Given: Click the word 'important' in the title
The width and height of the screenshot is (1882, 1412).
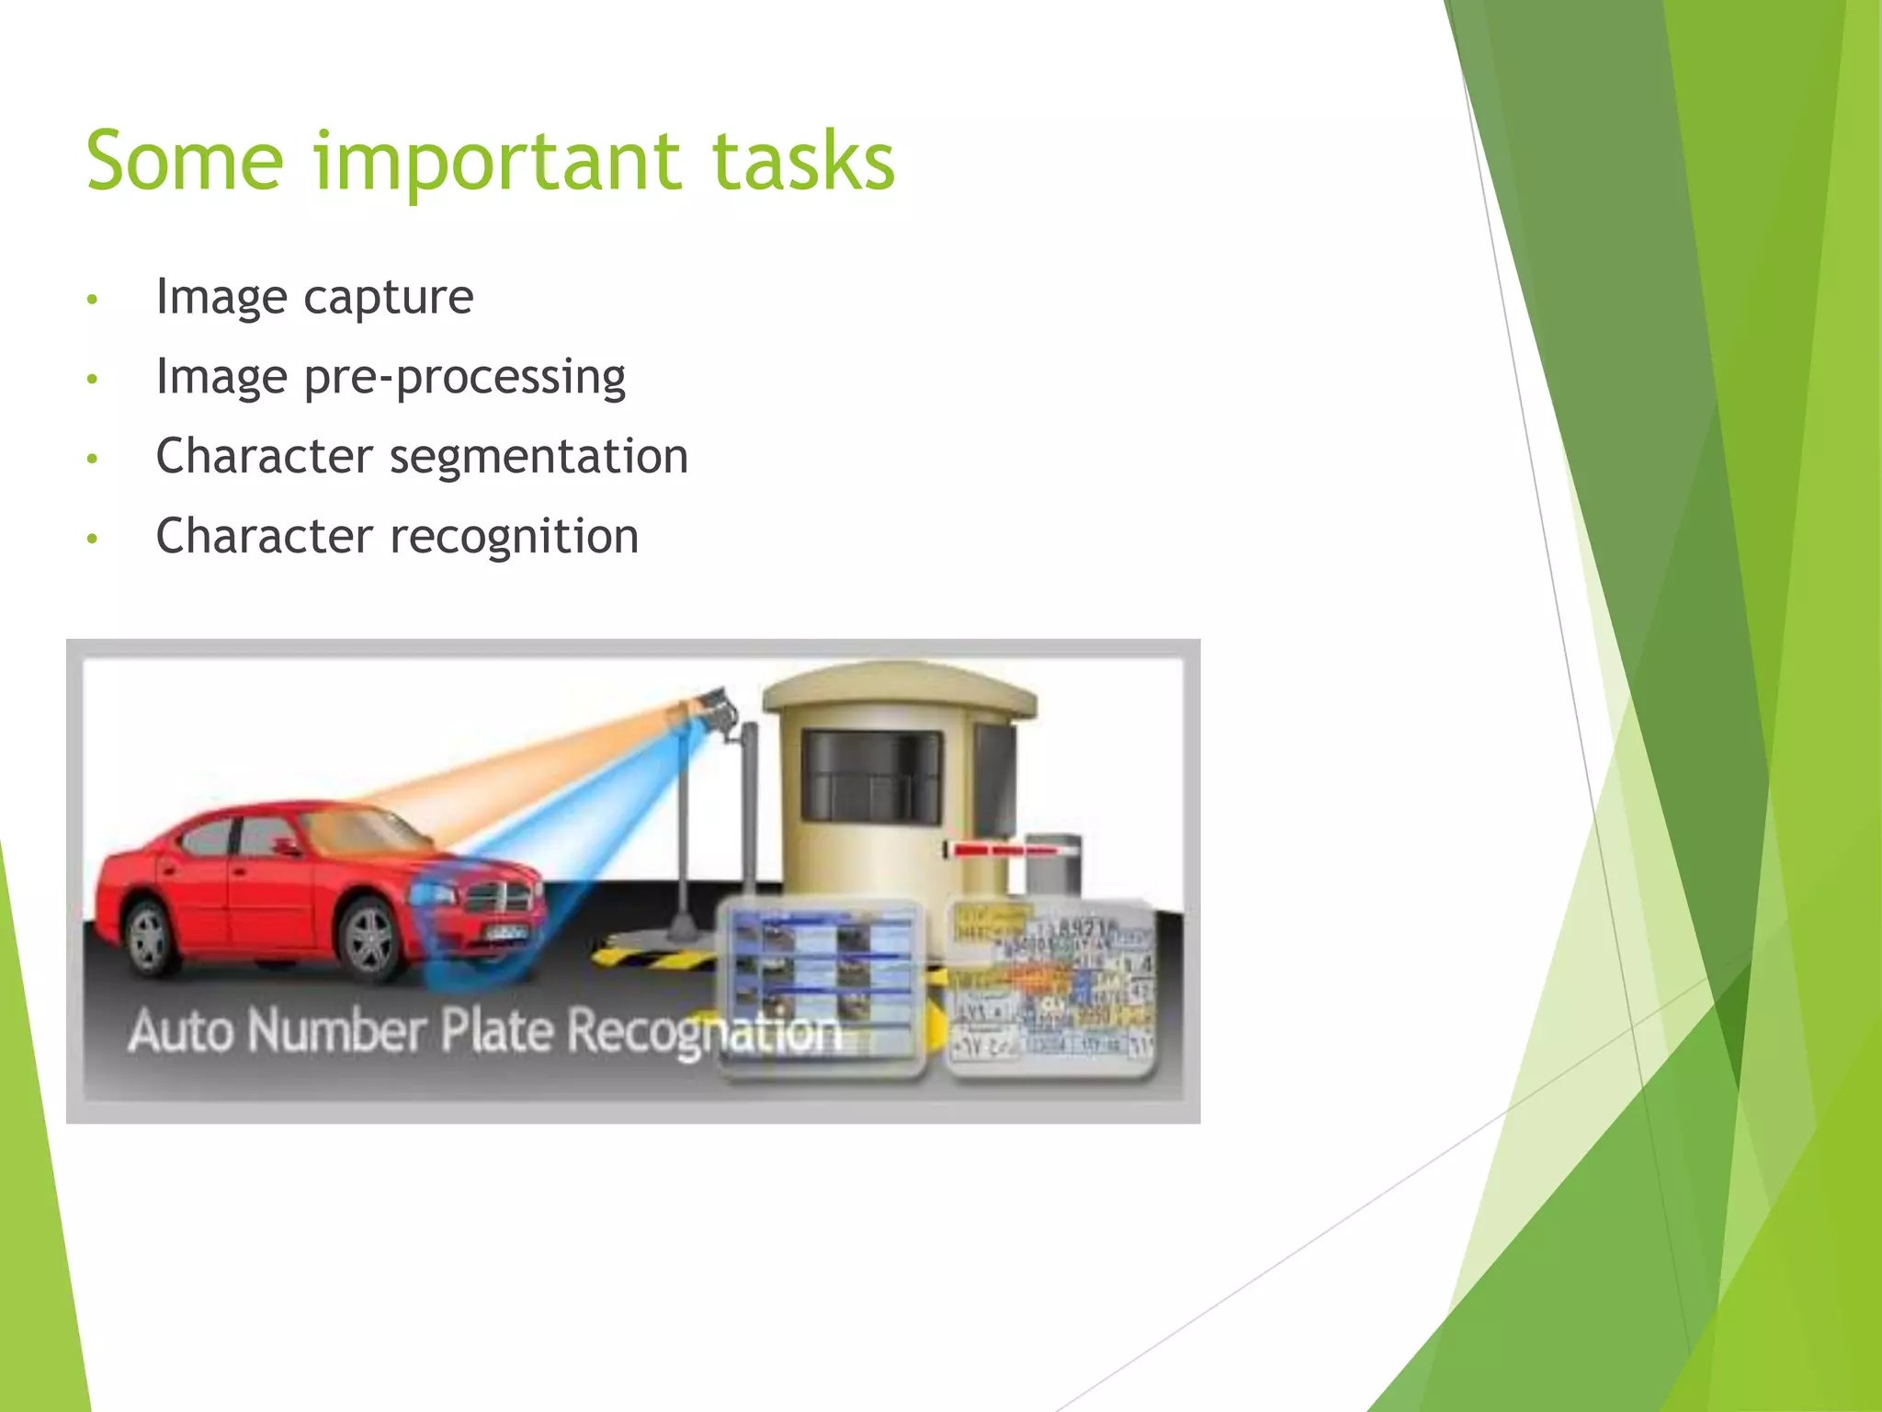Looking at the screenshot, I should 496,164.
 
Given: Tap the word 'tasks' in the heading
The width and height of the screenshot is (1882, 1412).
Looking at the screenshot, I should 802,162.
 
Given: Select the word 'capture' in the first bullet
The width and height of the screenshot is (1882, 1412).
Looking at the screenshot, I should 388,297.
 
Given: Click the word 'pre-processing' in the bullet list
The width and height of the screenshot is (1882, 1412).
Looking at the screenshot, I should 464,378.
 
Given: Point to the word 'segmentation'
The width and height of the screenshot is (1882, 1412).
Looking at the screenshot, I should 539,457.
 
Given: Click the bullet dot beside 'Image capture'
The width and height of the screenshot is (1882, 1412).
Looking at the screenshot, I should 92,300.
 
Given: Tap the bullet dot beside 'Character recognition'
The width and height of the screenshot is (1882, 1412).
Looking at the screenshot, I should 92,540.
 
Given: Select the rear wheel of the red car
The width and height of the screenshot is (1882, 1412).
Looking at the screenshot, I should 148,938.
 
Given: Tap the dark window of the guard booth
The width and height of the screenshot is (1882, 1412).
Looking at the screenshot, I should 871,777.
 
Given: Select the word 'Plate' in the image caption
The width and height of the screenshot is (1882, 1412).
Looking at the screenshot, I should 496,1031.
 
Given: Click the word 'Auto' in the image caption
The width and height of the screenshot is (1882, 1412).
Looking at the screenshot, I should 180,1031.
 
